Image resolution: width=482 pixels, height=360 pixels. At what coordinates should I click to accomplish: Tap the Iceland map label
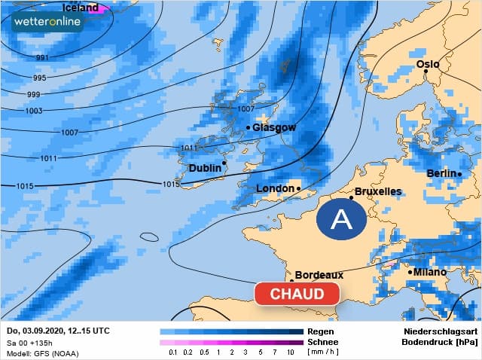(x=80, y=8)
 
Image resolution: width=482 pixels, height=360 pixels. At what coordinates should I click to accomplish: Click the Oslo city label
(x=427, y=64)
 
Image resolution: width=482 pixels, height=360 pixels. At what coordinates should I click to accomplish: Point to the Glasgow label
(x=274, y=127)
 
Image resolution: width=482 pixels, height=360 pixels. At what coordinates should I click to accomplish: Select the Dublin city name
(x=205, y=168)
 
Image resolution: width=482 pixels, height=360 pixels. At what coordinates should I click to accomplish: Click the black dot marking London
(x=299, y=188)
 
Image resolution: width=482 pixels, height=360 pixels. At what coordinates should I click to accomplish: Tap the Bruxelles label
(x=377, y=192)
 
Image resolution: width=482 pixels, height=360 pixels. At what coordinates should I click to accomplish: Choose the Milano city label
(x=429, y=271)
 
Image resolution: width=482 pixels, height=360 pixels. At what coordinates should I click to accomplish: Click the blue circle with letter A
(x=341, y=220)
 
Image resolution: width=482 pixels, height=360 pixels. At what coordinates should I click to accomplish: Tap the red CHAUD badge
(x=297, y=294)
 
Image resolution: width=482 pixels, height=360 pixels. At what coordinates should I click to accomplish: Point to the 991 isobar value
(x=42, y=58)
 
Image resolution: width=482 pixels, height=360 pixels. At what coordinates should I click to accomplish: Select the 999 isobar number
(x=34, y=94)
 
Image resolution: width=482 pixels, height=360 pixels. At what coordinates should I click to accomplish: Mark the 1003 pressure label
(x=34, y=111)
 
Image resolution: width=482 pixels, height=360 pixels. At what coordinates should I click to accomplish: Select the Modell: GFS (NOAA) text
(x=43, y=352)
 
